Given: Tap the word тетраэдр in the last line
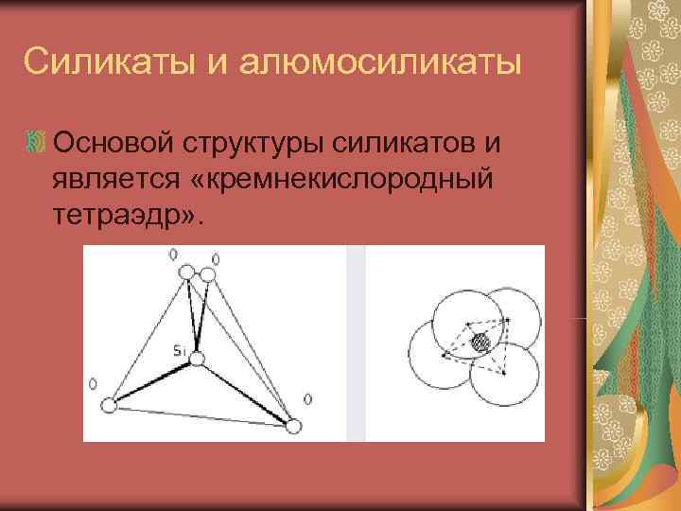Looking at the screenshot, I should point(119,216).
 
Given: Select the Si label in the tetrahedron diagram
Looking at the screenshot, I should point(179,351).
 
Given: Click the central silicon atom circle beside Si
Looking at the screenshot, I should point(196,359).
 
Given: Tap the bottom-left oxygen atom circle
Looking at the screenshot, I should point(109,406).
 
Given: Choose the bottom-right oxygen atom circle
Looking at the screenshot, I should point(293,427).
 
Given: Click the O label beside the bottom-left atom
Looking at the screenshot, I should point(93,383).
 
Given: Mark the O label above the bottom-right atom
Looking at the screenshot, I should point(308,398).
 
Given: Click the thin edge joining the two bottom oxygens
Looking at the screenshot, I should point(201,416).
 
